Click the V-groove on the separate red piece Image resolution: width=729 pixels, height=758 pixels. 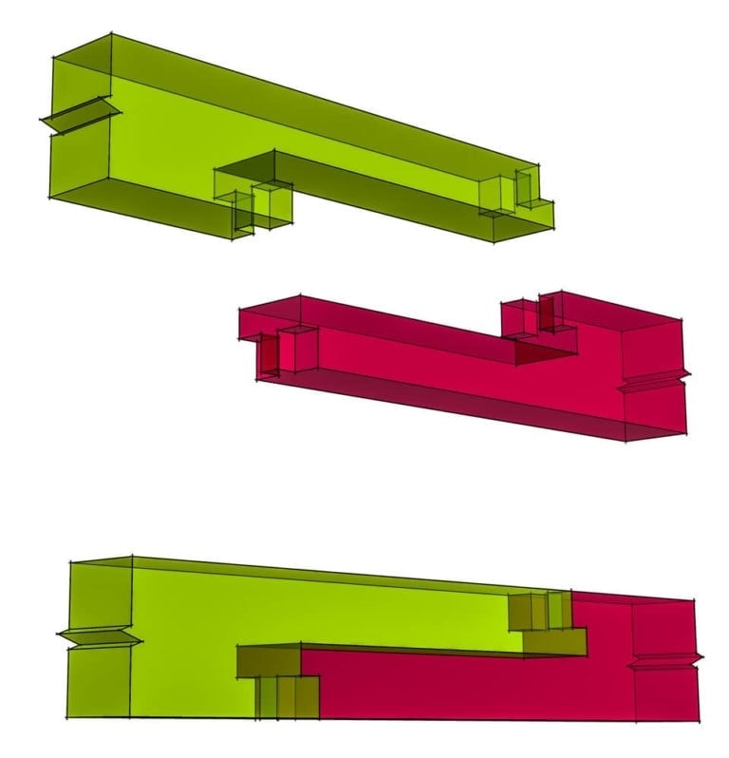pyautogui.click(x=655, y=381)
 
